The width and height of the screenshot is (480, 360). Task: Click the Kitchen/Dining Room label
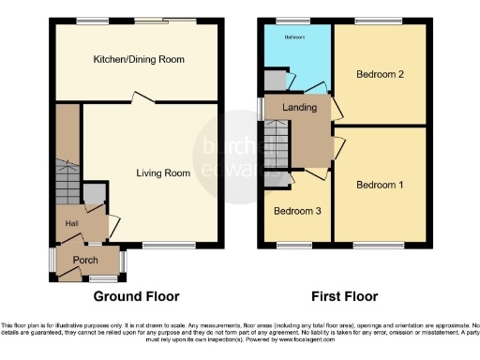click(138, 60)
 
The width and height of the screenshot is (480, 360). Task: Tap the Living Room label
click(164, 172)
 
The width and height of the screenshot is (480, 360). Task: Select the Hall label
click(71, 223)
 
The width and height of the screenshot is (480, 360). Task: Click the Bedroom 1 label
click(380, 185)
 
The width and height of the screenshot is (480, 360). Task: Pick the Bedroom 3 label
click(297, 211)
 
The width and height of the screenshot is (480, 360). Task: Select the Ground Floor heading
click(136, 296)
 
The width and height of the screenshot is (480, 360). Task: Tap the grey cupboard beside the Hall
click(94, 194)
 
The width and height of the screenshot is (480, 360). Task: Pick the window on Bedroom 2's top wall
click(371, 21)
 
